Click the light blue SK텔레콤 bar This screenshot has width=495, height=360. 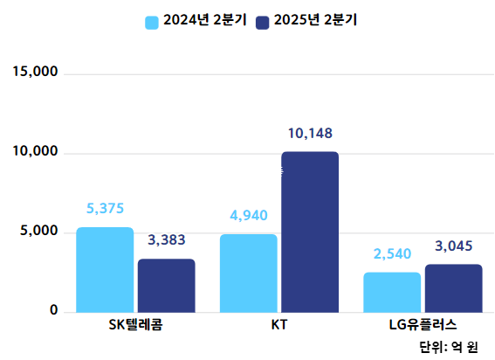pos(105,269)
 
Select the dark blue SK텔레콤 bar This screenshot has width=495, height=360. pos(166,286)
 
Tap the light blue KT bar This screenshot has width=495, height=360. pos(248,273)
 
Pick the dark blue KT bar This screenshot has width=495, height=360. pos(309,232)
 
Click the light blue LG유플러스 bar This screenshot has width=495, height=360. pos(392,292)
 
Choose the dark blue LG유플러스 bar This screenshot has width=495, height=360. pos(453,288)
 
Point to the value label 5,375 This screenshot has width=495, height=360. pos(106,208)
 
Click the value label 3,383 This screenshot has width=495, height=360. pos(167,239)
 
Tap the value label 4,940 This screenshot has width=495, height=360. pos(249,215)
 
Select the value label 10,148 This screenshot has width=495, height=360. pos(310,134)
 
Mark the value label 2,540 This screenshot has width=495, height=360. pos(392,254)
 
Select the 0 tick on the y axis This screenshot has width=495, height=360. pos(53,311)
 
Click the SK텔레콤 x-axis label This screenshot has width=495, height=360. pos(135,326)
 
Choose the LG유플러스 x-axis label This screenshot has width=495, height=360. pos(423,326)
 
